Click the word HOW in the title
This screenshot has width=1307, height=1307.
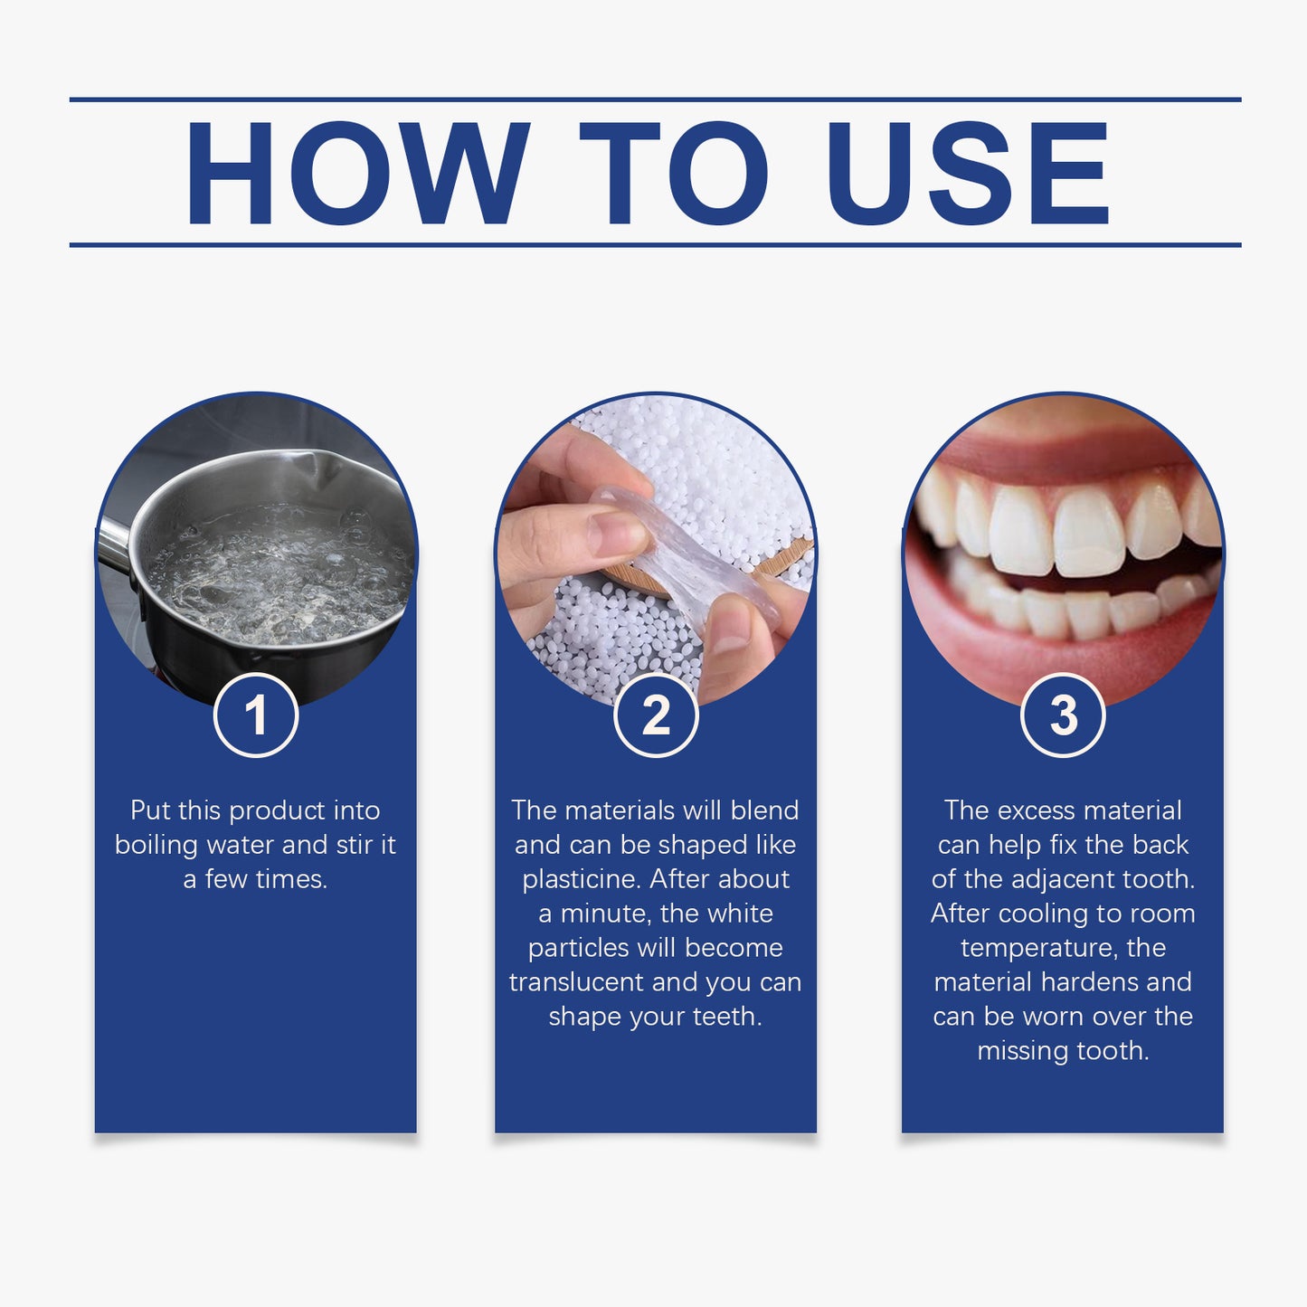point(356,173)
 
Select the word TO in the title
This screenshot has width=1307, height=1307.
point(673,173)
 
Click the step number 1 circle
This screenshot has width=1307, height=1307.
point(256,715)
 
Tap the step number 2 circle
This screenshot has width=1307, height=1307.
point(656,715)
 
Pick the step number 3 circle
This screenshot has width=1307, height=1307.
point(1063,715)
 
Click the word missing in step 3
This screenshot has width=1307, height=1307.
point(1018,1051)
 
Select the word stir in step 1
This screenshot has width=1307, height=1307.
point(354,845)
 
